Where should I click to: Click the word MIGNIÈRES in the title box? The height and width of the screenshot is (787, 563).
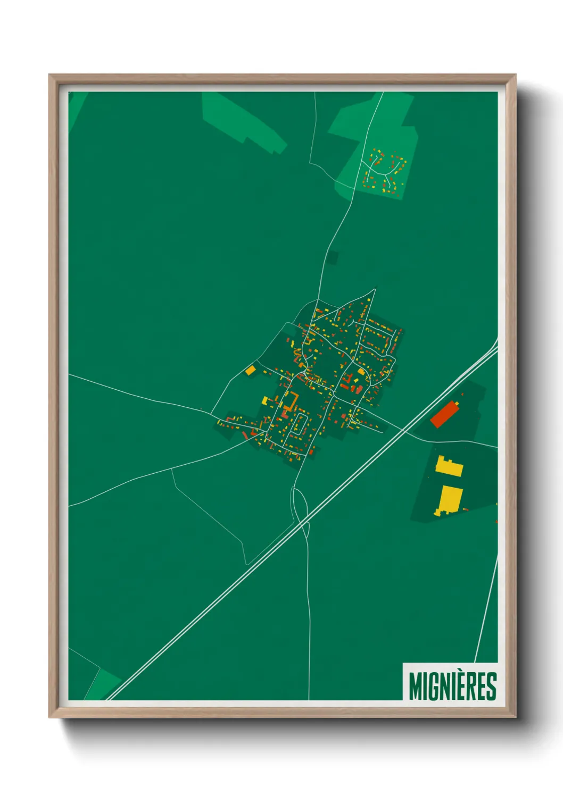click(452, 686)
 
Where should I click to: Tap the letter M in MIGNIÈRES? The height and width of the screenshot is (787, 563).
click(415, 686)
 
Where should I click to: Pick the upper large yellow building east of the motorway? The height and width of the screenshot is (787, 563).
click(449, 467)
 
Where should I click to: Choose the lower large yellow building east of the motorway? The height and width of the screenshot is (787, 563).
click(450, 500)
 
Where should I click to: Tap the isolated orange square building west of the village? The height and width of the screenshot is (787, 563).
click(250, 370)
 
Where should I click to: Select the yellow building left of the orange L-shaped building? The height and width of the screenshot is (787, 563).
click(265, 400)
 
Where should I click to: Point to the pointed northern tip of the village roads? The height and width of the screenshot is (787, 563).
click(374, 290)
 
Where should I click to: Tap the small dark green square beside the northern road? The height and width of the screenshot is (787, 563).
click(333, 258)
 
